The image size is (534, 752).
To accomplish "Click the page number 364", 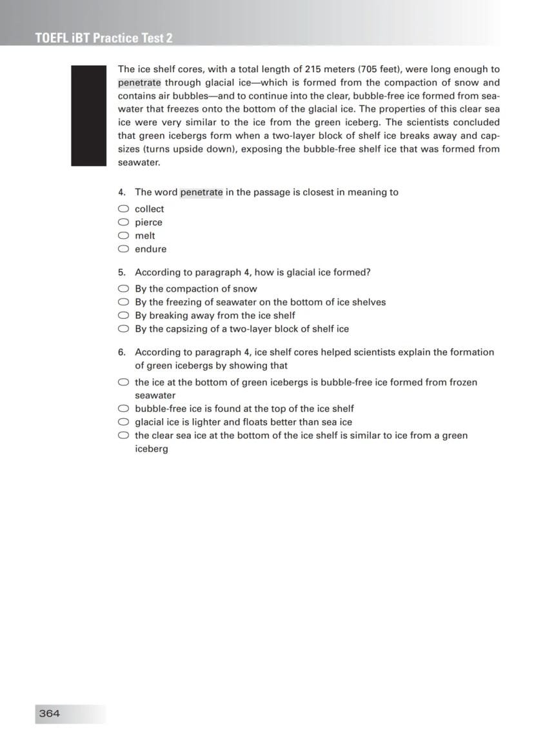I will (50, 713).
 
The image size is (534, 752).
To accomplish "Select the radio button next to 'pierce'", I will (123, 222).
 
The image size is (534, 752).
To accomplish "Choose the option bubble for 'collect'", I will (123, 208).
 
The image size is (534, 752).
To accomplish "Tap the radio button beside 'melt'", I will (123, 236).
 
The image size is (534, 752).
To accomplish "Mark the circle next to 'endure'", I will (123, 249).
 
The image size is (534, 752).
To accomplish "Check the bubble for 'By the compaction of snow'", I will (123, 289).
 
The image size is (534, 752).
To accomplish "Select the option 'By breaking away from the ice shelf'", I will (123, 315).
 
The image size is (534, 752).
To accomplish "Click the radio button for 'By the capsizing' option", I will (123, 329).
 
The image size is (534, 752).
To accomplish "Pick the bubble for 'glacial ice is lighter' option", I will (123, 422).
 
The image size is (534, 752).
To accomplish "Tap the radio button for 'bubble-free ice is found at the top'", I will (123, 409).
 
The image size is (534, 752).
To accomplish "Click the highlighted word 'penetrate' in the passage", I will (139, 83).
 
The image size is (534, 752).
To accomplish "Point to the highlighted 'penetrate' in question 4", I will (201, 192).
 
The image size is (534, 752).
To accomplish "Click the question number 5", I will (121, 272).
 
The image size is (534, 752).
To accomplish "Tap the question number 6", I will (121, 352).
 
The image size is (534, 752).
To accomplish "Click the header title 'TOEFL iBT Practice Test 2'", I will (104, 38).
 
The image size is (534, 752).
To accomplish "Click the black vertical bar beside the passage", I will (88, 116).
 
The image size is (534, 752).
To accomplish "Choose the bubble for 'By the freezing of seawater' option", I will (123, 302).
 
